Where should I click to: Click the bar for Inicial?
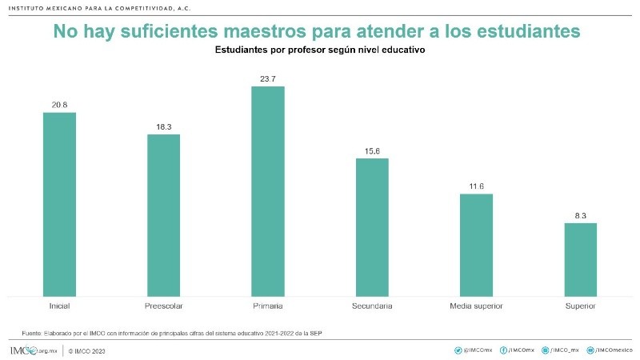59,204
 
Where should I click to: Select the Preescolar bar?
163,214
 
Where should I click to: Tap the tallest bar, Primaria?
268,191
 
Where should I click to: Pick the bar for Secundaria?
372,226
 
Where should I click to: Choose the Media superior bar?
476,245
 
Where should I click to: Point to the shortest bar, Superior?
580,259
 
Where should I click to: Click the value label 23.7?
268,78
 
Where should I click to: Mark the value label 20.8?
59,105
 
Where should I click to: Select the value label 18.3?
163,126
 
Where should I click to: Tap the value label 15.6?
372,150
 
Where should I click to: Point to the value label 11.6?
476,186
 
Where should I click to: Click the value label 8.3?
580,215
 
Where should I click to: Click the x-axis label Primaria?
268,306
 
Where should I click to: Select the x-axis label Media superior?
476,306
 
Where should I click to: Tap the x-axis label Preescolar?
163,306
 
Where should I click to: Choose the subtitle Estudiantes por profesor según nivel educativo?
319,50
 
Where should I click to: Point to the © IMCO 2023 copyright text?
87,350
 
